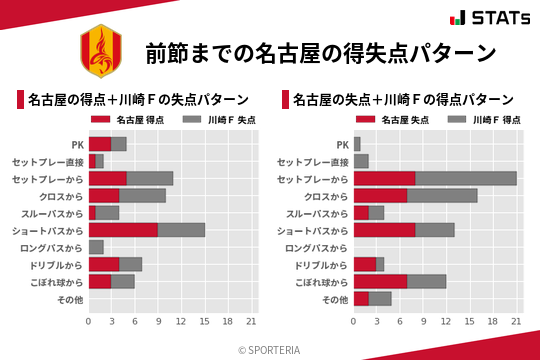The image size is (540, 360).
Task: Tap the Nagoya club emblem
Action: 98,53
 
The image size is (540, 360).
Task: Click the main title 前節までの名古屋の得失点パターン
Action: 320,53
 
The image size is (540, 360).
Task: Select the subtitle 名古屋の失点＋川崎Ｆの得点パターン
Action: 404,100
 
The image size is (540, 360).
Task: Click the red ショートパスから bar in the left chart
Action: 123,230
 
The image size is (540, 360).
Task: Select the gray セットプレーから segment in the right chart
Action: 466,178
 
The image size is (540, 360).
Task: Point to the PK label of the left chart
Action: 77,144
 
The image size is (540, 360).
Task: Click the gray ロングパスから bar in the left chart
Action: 96,247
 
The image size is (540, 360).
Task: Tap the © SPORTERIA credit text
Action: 270,349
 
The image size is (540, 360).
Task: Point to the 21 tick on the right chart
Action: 517,321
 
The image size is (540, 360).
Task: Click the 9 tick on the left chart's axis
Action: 158,321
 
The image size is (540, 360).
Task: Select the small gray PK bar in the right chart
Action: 357,144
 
